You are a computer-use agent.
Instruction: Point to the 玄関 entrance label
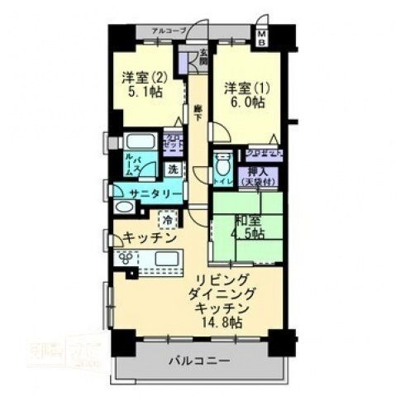click(x=203, y=59)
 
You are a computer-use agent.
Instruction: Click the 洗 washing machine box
click(x=173, y=168)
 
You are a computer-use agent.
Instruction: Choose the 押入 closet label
click(x=260, y=170)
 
